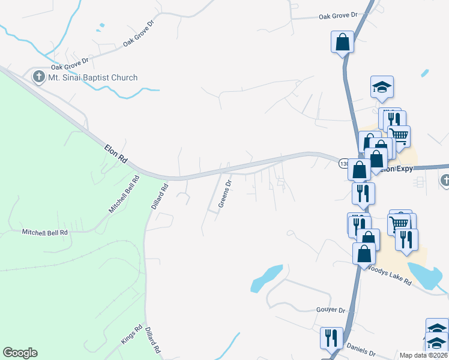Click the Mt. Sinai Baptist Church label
click(x=93, y=77)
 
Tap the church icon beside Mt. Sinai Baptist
click(x=39, y=77)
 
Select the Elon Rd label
click(x=116, y=153)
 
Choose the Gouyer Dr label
click(x=330, y=310)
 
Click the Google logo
click(x=20, y=353)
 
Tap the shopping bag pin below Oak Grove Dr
click(x=342, y=42)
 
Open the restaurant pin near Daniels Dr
click(x=331, y=338)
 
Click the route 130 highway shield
click(x=344, y=163)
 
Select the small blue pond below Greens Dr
click(x=265, y=277)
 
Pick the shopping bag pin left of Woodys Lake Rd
click(x=364, y=253)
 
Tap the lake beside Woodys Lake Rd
click(x=431, y=277)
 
